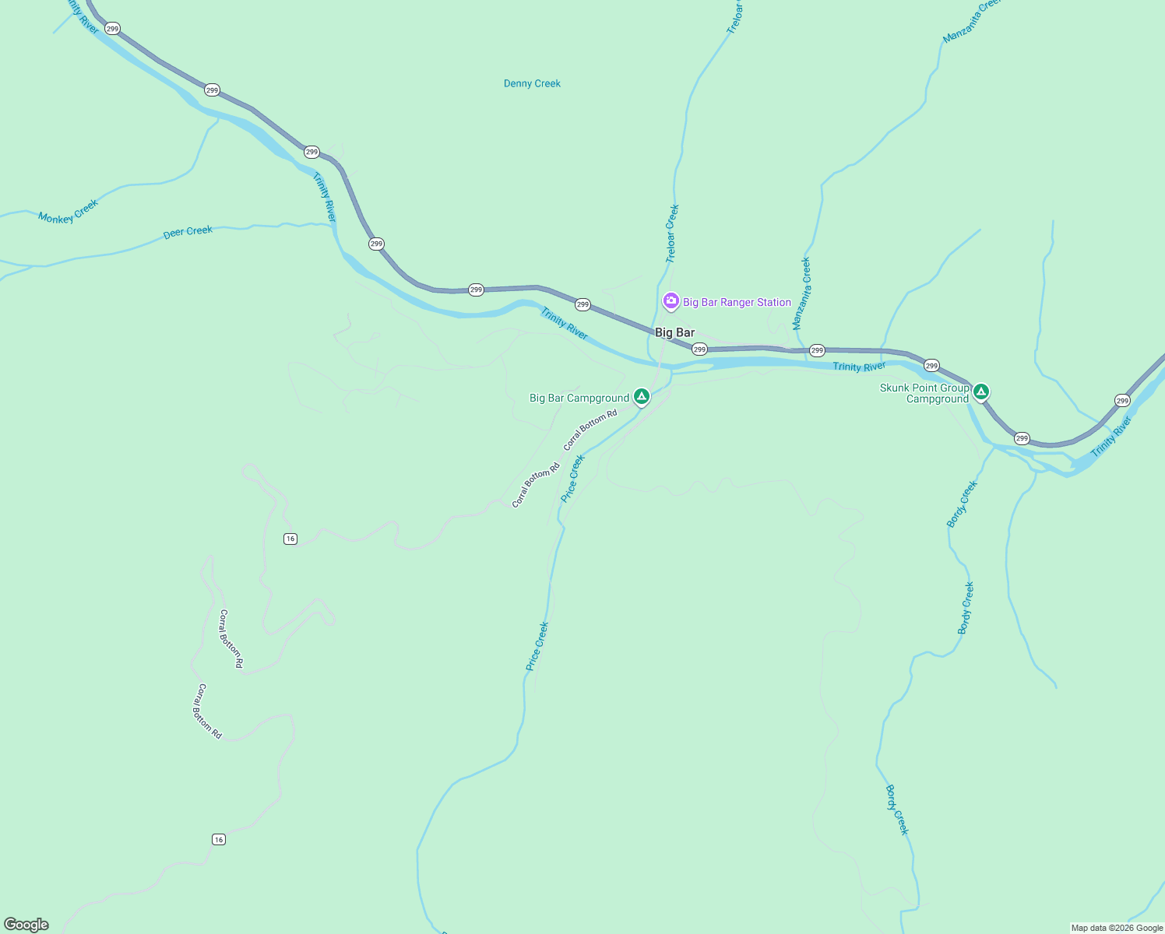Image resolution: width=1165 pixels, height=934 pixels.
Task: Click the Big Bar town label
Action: [x=674, y=332]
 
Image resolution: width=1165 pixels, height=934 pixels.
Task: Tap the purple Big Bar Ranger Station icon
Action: [x=670, y=301]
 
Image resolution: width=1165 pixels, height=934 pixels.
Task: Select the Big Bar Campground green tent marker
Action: [x=641, y=397]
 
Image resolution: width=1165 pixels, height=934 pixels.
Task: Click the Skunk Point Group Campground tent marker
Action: [x=981, y=392]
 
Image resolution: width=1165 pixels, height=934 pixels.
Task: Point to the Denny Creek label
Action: [x=532, y=83]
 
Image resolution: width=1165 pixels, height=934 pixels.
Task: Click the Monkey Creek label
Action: [x=69, y=212]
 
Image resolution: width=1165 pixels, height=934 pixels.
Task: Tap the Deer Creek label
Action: [x=188, y=232]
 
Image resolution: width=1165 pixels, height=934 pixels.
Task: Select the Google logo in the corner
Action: [x=26, y=925]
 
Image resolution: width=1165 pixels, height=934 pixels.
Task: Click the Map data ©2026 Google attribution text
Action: [x=1117, y=928]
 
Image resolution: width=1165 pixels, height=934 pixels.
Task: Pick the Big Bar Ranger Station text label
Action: [x=737, y=302]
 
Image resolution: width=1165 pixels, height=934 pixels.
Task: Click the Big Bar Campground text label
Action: [x=579, y=398]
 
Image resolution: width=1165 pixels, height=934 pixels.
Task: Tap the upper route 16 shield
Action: [x=290, y=539]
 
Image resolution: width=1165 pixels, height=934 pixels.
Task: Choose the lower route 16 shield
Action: [x=219, y=839]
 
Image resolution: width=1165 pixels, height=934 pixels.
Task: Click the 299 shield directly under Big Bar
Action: [x=699, y=349]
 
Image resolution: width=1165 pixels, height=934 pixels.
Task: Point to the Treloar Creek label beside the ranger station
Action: [x=671, y=233]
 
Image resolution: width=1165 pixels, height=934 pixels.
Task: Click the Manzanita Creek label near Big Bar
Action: [x=801, y=293]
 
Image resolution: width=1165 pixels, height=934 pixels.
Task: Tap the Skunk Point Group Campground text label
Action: [x=925, y=393]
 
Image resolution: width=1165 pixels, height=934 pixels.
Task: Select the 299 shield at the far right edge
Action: [x=1122, y=400]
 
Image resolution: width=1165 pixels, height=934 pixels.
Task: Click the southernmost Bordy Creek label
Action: [x=897, y=809]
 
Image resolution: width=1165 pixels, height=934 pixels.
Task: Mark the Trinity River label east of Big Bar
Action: [x=859, y=367]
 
